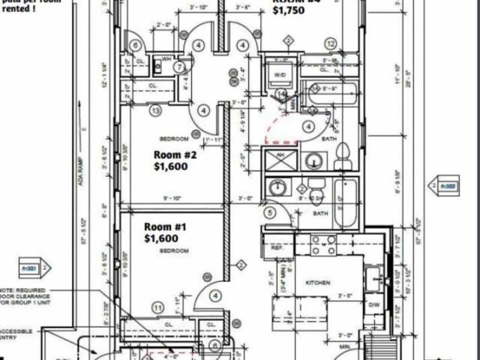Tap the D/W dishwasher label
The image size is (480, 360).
pyautogui.click(x=373, y=305)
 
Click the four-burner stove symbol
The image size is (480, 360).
pyautogui.click(x=323, y=244)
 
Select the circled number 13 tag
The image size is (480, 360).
pyautogui.click(x=155, y=111)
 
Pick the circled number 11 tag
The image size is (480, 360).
pyautogui.click(x=157, y=307)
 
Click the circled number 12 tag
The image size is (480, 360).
pyautogui.click(x=331, y=44)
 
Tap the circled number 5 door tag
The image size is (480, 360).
pyautogui.click(x=270, y=213)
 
